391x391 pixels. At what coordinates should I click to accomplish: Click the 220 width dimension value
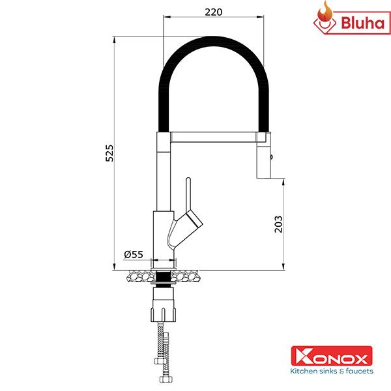click(213, 12)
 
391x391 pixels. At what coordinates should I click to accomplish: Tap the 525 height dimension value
click(110, 152)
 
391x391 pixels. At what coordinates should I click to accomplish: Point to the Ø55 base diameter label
click(133, 253)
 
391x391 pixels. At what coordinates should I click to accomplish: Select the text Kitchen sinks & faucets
click(332, 371)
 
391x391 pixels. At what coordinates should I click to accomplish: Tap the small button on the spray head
click(272, 156)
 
